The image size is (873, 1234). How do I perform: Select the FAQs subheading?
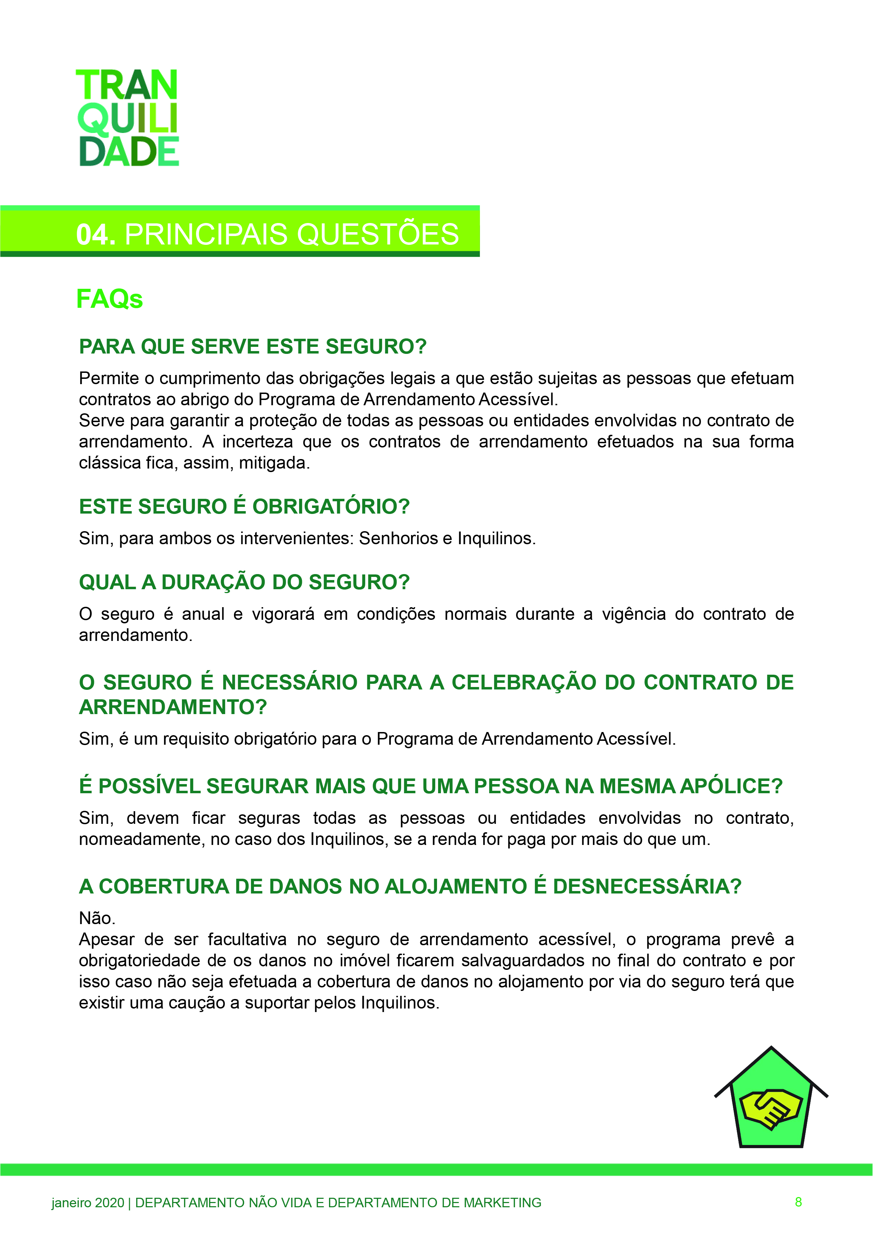(110, 299)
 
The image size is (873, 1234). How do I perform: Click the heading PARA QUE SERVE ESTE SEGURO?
(253, 346)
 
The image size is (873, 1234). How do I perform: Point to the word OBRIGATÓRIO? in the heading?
(331, 506)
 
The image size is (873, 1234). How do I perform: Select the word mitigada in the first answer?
(274, 463)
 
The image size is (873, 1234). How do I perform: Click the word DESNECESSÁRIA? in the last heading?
(647, 886)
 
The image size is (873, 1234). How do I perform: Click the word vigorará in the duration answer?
(283, 614)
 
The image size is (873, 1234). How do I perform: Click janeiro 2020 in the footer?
(88, 1203)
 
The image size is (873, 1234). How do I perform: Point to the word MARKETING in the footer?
(502, 1203)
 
